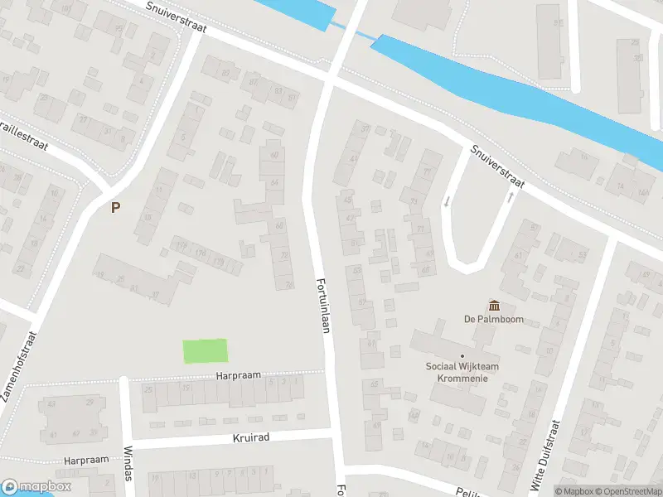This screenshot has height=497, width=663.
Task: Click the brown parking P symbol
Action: coord(115,208)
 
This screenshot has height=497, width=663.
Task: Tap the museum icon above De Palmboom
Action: coord(495,306)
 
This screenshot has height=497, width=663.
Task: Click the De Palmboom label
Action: coord(493,320)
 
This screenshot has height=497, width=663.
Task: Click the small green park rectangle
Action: coord(205,351)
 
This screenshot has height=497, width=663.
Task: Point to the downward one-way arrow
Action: coord(447,200)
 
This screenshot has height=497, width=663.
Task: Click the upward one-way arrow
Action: coord(510,198)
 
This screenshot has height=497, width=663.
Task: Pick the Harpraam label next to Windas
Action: coord(86,459)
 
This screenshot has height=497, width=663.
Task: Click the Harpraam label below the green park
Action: coord(238,375)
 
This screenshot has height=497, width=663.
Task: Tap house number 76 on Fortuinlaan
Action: coord(289,284)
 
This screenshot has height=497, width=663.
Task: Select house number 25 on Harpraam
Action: coord(149,388)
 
